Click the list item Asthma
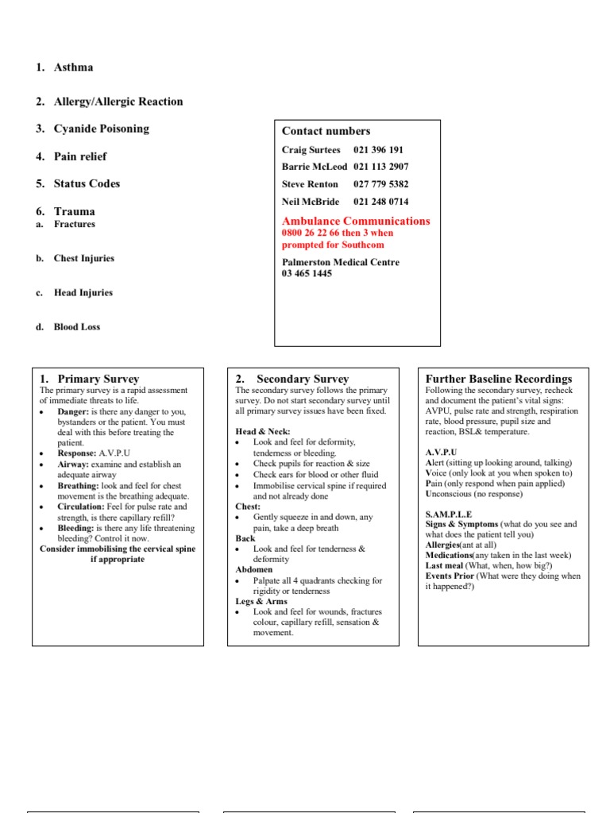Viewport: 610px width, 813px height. tap(73, 67)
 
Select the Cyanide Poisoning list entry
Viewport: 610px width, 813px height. tap(101, 129)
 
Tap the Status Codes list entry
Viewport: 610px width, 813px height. tap(87, 183)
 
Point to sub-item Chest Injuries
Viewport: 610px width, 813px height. tap(83, 259)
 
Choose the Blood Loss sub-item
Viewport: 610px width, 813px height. tap(76, 327)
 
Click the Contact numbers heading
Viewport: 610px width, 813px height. tap(326, 131)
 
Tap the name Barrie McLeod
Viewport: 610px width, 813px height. tap(315, 167)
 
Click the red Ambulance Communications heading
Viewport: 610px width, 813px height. tap(356, 221)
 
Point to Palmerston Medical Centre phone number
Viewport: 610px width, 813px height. tap(307, 274)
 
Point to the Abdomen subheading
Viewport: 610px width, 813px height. tap(253, 569)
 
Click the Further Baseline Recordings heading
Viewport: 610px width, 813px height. tap(498, 379)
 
